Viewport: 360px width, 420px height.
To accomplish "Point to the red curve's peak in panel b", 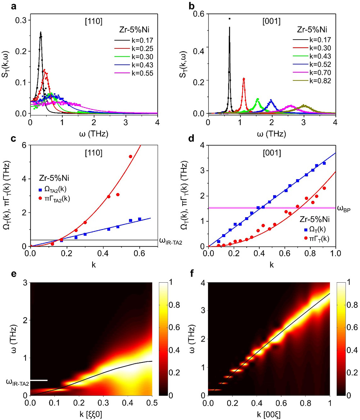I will tap(244, 78).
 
